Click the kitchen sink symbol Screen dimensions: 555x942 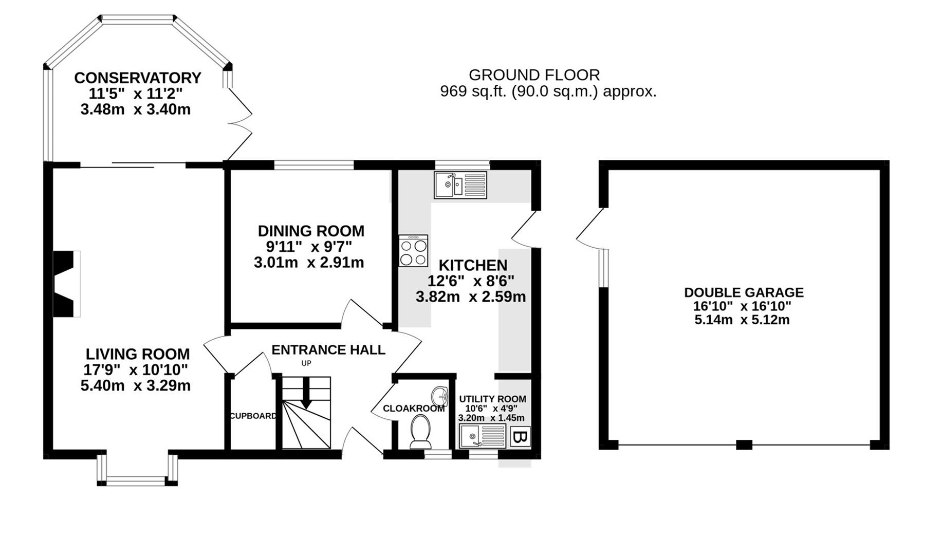coord(460,185)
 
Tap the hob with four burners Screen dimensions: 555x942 coord(413,251)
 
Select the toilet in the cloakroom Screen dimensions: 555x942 coord(420,431)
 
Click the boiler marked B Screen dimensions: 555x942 coord(520,437)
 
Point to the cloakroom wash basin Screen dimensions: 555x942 coord(440,396)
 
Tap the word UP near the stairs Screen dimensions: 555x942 coord(306,363)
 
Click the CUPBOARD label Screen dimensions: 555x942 coord(252,416)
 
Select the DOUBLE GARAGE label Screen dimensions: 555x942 coord(744,292)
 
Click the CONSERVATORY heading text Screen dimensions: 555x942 coord(137,78)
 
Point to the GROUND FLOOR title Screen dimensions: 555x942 coord(534,75)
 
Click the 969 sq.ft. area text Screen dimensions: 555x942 coord(548,92)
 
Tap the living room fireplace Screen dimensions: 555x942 coord(66,284)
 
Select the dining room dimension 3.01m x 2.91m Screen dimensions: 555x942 coord(309,263)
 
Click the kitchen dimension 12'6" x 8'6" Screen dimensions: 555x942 coord(471,281)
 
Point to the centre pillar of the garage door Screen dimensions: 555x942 coord(744,445)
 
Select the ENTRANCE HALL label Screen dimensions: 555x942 coord(328,350)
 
